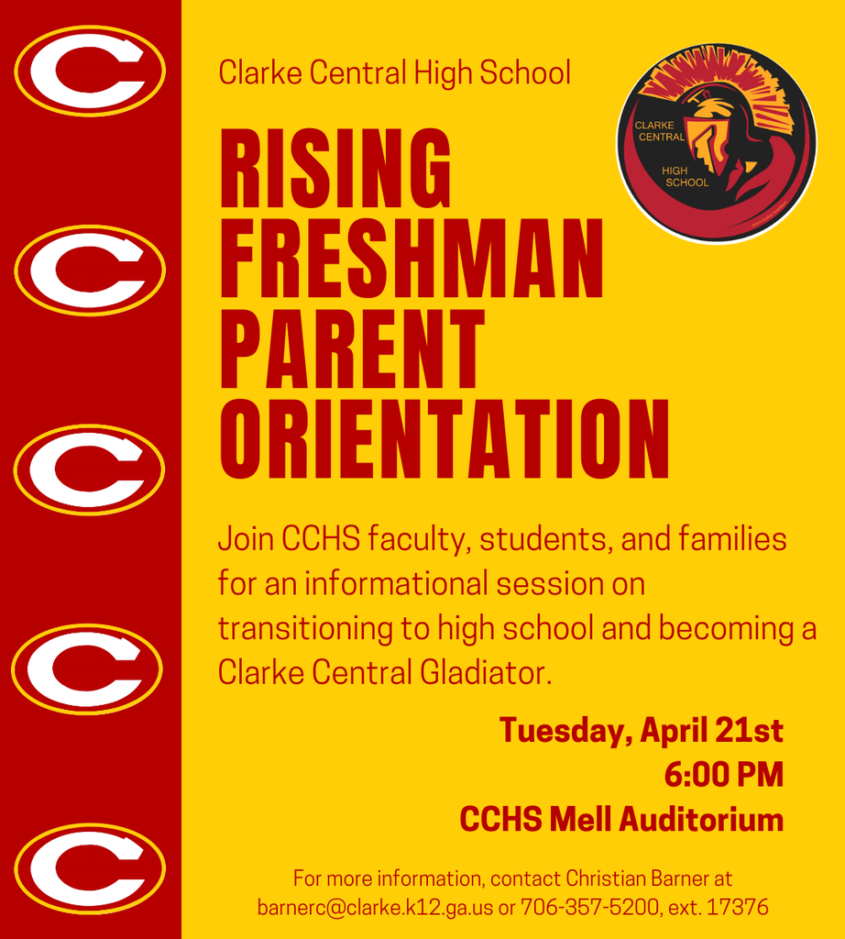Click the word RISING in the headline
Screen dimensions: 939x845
tap(335, 170)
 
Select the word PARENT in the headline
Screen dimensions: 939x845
tap(352, 348)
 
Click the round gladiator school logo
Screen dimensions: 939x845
tap(716, 143)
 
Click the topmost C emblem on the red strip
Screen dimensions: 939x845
tap(89, 71)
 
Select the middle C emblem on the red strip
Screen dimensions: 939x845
tap(89, 469)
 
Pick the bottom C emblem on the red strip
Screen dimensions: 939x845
tap(89, 867)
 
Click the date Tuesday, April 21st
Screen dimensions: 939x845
tap(641, 731)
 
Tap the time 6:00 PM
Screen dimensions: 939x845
tap(723, 775)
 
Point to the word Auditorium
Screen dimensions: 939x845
tap(701, 819)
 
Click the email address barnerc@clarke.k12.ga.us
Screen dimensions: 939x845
tap(375, 908)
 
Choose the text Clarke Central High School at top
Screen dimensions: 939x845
tap(394, 72)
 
